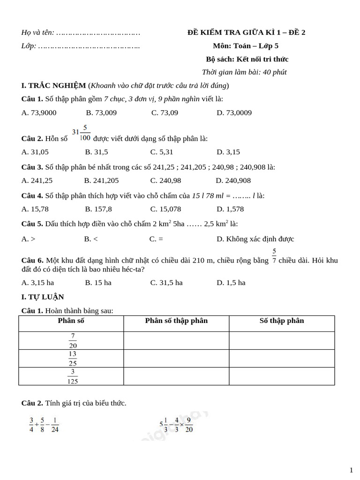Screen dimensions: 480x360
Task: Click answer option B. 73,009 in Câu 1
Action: point(101,112)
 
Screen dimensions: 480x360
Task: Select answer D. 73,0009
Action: point(234,112)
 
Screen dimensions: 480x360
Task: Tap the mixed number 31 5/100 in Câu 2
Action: point(81,133)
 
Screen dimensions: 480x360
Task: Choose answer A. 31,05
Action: point(35,152)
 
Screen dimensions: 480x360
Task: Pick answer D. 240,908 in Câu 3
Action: point(233,180)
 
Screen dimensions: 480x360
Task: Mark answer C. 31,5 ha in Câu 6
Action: point(166,283)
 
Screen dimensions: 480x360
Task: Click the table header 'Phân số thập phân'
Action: point(176,321)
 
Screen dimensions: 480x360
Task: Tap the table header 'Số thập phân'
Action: point(282,321)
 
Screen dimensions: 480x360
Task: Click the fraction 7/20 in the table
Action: point(72,340)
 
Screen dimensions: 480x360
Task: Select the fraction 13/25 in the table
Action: point(72,358)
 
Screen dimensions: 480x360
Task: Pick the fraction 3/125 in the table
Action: point(72,376)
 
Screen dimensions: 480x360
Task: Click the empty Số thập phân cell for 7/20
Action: point(282,340)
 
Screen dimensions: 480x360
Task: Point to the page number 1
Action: point(351,470)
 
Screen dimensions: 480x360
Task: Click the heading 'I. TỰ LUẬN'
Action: point(43,297)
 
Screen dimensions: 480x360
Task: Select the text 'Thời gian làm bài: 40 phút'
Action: point(244,72)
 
